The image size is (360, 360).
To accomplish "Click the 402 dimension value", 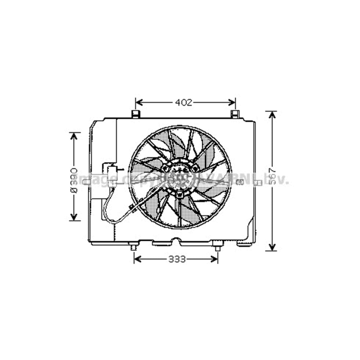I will tap(184, 103).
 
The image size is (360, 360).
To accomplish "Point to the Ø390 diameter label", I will tap(73, 180).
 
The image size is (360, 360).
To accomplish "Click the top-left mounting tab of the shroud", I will tap(136, 114).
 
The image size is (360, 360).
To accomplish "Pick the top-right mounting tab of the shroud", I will tap(235, 114).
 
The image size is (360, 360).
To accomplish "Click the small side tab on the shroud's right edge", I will tap(258, 183).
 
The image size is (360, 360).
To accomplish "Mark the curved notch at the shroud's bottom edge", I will tap(175, 240).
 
